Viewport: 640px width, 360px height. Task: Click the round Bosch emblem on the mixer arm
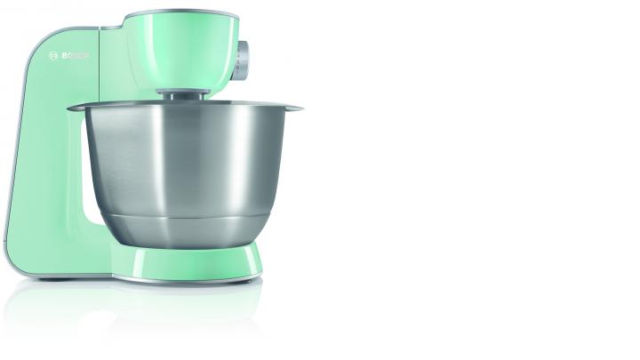(x=53, y=56)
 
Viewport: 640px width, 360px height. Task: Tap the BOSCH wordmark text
(x=75, y=56)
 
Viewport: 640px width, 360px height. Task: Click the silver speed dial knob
(x=242, y=60)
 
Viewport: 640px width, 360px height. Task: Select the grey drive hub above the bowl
(x=184, y=94)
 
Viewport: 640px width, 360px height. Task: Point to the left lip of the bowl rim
(x=76, y=108)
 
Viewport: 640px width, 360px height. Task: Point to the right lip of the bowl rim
(x=293, y=108)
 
